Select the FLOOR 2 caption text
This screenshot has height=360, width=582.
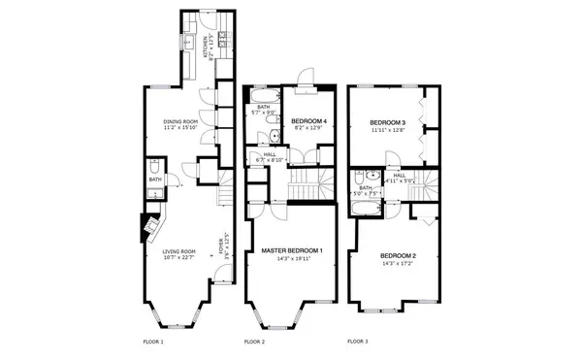point(254,343)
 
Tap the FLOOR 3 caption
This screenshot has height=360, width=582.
point(359,342)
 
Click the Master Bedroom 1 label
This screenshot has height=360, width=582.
point(292,251)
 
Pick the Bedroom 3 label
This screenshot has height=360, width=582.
point(387,122)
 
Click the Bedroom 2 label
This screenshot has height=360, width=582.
point(398,255)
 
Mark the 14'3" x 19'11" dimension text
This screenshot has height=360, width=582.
point(292,259)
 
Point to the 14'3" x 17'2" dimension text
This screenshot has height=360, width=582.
point(398,263)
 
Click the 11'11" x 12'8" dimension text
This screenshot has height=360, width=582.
point(387,130)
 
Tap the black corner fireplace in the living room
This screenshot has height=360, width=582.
point(151,226)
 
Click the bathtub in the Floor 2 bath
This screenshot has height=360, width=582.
point(263,96)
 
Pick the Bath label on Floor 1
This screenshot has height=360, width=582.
point(155,180)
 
